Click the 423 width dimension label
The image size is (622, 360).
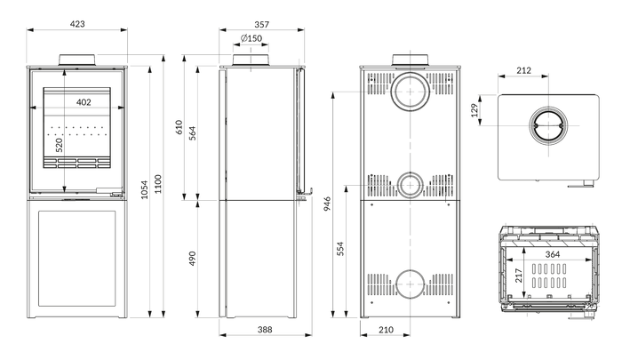77,24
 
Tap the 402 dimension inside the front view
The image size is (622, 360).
84,102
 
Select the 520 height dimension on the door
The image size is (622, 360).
60,145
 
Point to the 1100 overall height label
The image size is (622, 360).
158,184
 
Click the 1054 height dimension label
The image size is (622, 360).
144,189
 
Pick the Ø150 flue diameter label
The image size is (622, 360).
251,38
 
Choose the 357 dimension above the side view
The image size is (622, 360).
262,25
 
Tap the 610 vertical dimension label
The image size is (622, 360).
179,127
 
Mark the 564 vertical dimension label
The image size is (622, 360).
193,133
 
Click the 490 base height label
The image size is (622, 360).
193,259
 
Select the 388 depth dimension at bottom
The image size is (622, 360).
265,330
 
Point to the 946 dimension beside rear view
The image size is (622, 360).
327,204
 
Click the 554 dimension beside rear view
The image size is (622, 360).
340,249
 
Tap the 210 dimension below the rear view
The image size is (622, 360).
386,330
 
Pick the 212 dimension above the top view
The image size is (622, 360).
523,70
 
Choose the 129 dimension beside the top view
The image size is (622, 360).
474,110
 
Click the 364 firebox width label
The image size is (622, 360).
552,254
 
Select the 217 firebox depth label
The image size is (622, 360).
519,276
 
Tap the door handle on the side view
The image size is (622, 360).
305,195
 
